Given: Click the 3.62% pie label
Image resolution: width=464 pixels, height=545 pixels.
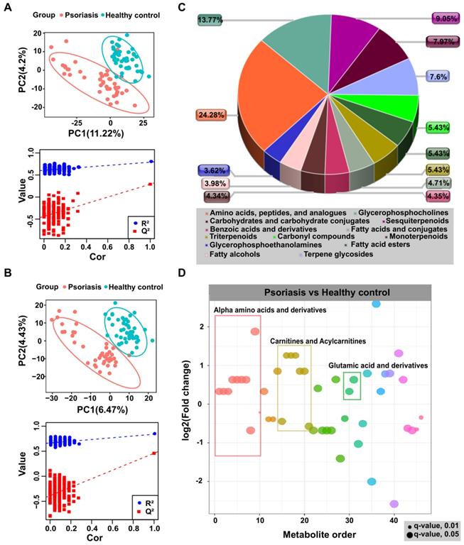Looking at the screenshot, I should pyautogui.click(x=211, y=170).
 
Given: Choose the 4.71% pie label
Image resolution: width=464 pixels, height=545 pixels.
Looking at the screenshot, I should pyautogui.click(x=441, y=182).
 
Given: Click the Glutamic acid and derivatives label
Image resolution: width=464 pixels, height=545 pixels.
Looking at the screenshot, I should pyautogui.click(x=378, y=365).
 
